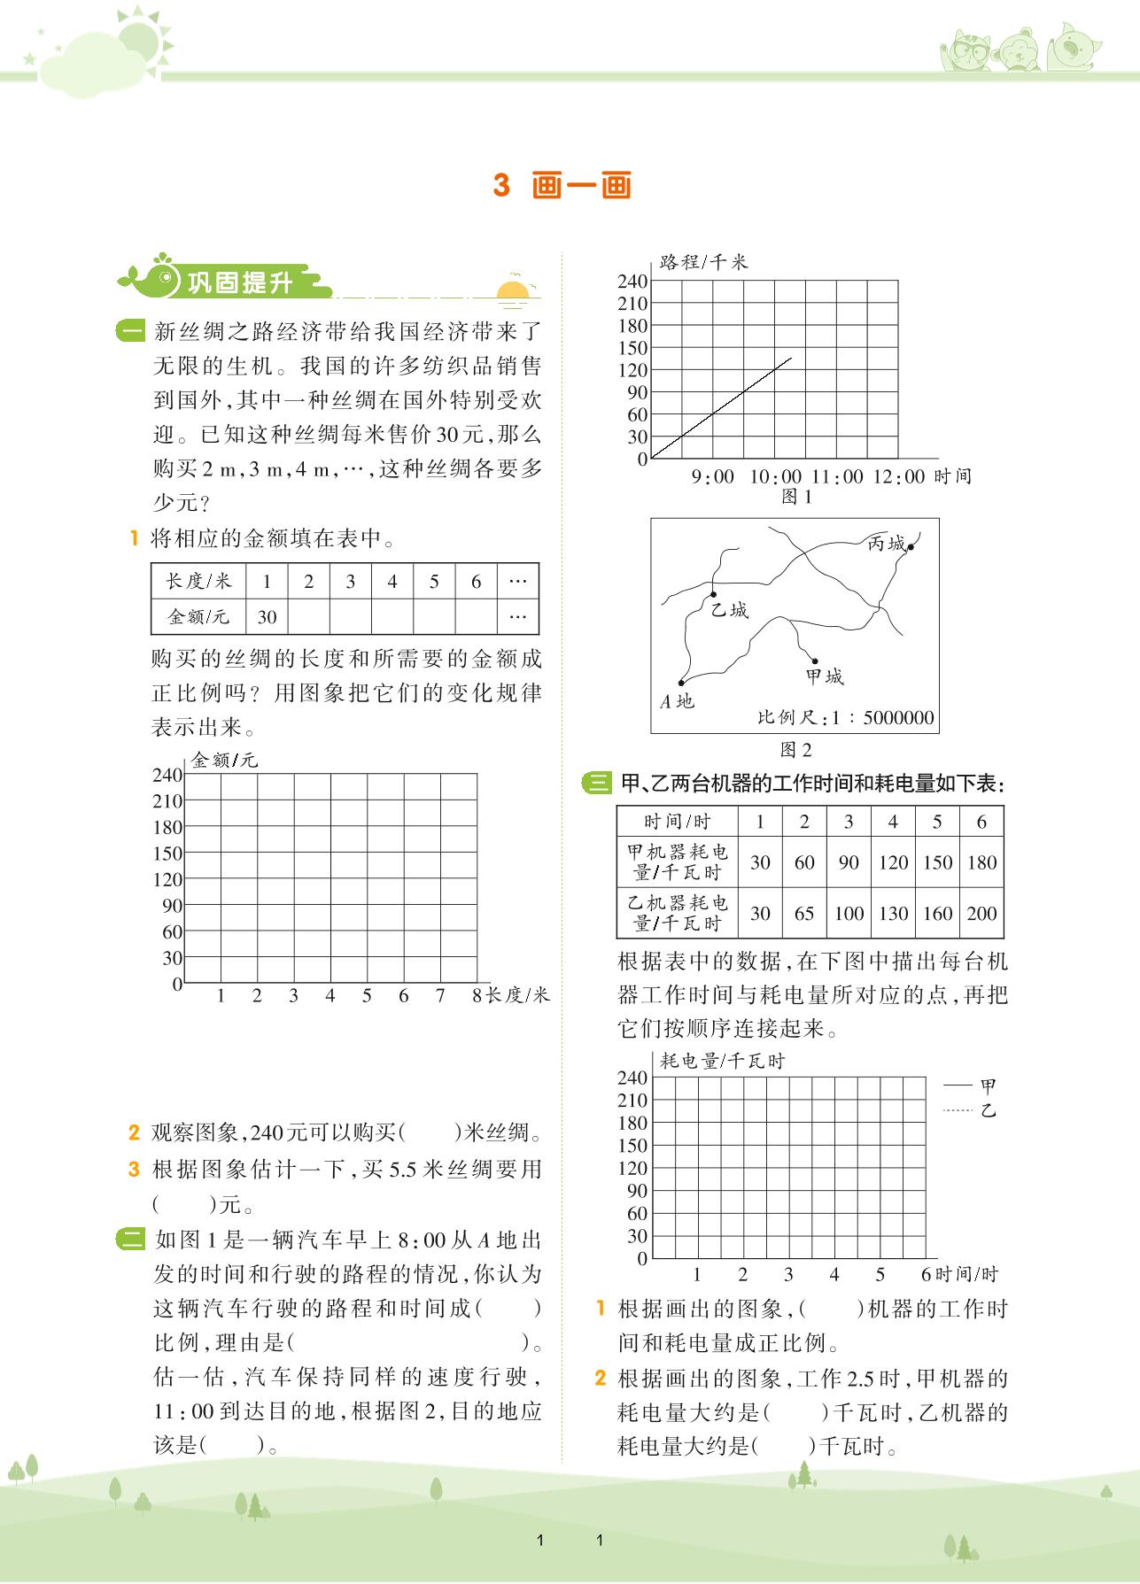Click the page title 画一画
tap(582, 187)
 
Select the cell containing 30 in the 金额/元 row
tap(267, 617)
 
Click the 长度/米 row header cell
tap(198, 582)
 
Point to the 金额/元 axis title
tap(225, 760)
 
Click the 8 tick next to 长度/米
tap(477, 995)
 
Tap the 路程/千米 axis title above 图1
tap(703, 262)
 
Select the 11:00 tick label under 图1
tap(837, 476)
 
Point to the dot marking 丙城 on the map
tap(910, 547)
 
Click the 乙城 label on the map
tap(730, 610)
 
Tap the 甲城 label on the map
tap(825, 677)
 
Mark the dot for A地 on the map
tap(681, 683)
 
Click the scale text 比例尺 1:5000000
tap(845, 717)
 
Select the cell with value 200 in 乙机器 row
tap(981, 913)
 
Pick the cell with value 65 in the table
tap(804, 913)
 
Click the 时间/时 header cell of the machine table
tap(678, 822)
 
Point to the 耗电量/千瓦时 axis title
tap(722, 1061)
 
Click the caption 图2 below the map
tap(795, 750)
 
